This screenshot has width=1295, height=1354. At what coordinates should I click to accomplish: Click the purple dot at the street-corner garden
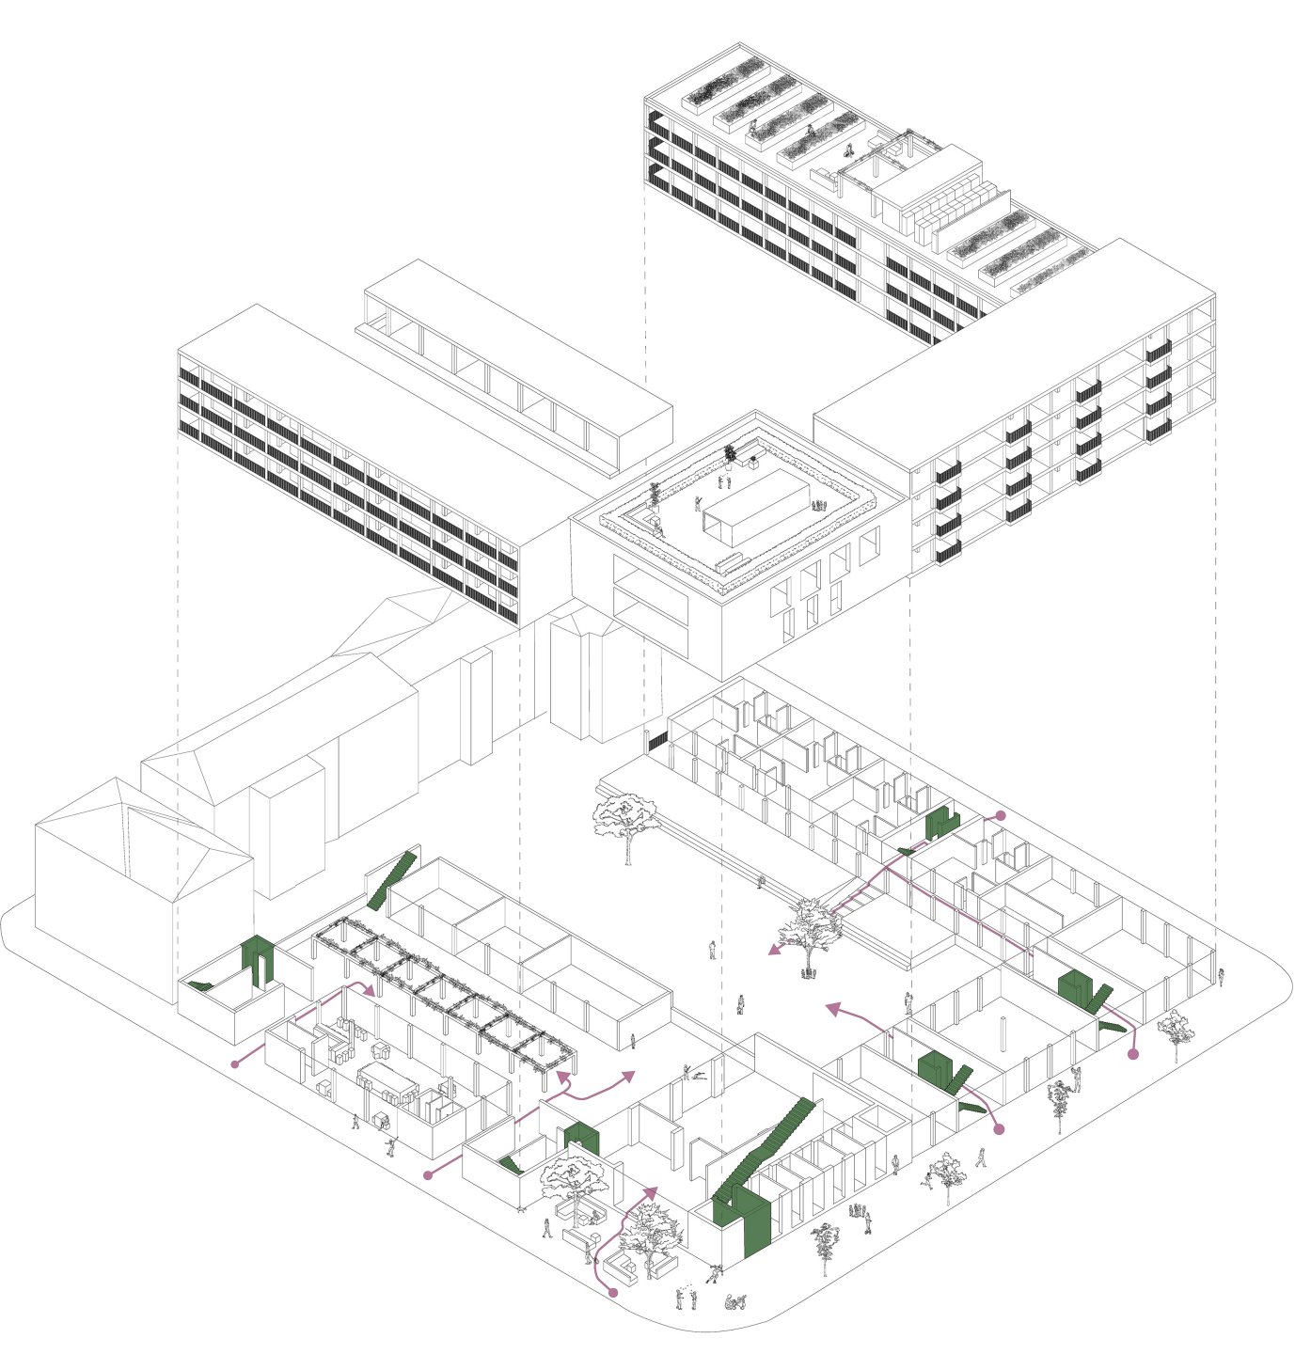point(613,1294)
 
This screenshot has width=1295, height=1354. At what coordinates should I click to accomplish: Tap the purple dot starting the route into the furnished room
point(235,1063)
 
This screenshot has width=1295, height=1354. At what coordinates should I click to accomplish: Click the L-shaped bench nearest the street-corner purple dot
point(621,1269)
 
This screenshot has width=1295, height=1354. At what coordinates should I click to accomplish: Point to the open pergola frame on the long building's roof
point(884,160)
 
